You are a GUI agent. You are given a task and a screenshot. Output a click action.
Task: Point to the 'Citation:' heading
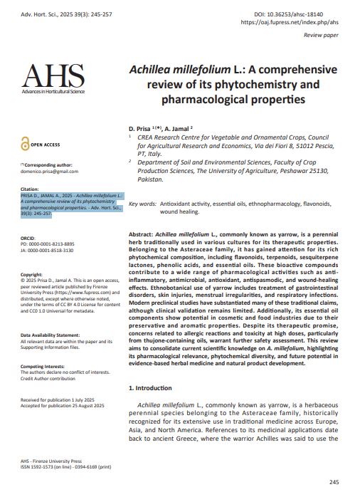click(31, 189)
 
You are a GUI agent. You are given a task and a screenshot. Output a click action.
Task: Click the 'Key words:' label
click(142, 204)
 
